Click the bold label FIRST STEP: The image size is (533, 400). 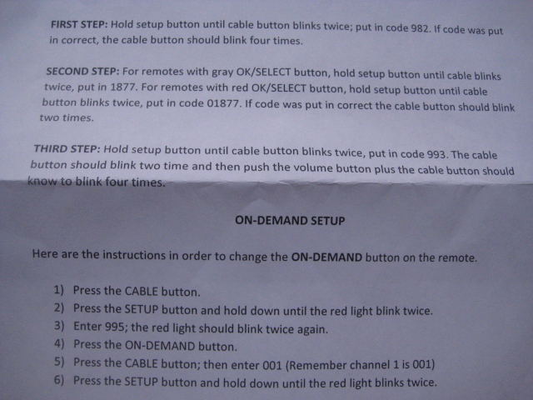pyautogui.click(x=79, y=24)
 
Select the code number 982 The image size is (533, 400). pyautogui.click(x=421, y=27)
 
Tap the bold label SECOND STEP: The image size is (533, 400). pyautogui.click(x=83, y=72)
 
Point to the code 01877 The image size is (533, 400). pyautogui.click(x=223, y=102)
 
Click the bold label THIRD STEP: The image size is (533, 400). pyautogui.click(x=67, y=148)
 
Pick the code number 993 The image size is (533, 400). pyautogui.click(x=436, y=154)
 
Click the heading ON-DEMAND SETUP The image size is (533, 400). pyautogui.click(x=290, y=221)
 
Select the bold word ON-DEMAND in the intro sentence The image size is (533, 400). pyautogui.click(x=326, y=257)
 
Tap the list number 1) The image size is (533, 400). pyautogui.click(x=59, y=290)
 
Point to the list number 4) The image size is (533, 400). pyautogui.click(x=59, y=343)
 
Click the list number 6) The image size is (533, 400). pyautogui.click(x=59, y=380)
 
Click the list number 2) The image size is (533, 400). pyautogui.click(x=59, y=307)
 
